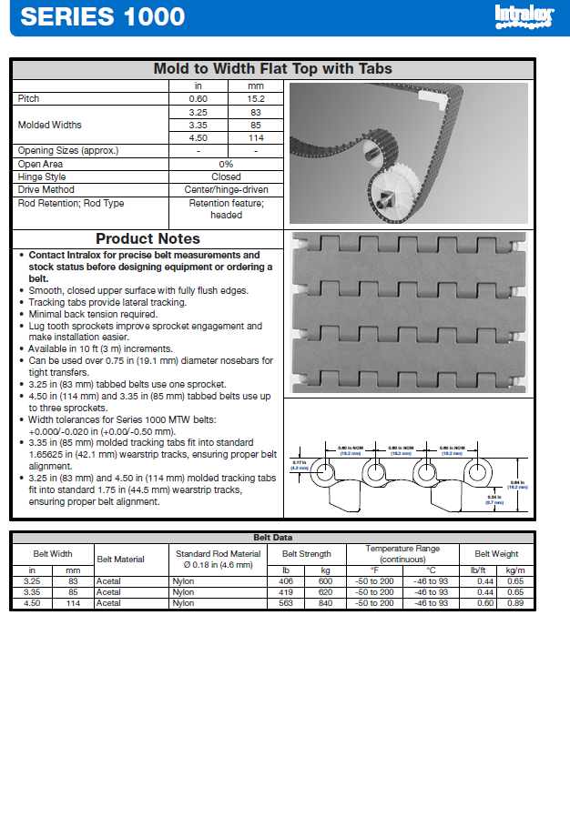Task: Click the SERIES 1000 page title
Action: [102, 16]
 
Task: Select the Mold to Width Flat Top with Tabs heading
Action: [272, 69]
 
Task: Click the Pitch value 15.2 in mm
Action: [256, 98]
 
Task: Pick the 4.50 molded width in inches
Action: [198, 137]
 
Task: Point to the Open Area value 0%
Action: [226, 164]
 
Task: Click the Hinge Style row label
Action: [42, 177]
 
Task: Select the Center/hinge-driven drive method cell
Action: [226, 189]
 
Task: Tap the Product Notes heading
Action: [148, 239]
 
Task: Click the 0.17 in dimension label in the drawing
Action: [300, 465]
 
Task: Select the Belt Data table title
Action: [272, 538]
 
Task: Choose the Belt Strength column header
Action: [307, 553]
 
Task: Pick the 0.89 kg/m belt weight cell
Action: [515, 603]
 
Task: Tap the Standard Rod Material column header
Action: [218, 559]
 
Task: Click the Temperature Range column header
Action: [402, 553]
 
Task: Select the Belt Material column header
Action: [120, 560]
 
